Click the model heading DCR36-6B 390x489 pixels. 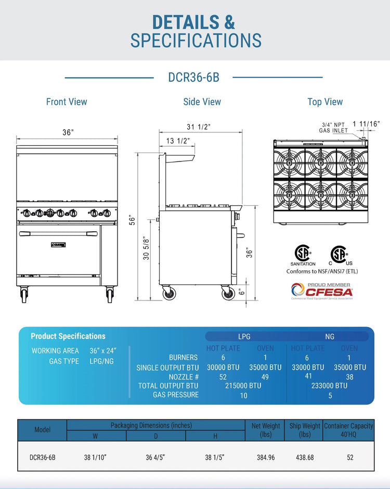click(x=193, y=77)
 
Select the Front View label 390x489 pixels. click(x=67, y=102)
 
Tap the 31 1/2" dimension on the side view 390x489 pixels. click(x=199, y=127)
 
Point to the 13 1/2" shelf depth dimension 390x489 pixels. click(x=178, y=141)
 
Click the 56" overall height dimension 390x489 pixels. click(x=133, y=221)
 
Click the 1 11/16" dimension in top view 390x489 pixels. click(x=366, y=124)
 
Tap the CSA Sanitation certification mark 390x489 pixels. click(x=303, y=255)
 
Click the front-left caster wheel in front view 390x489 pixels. click(x=24, y=295)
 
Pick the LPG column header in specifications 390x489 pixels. click(x=244, y=337)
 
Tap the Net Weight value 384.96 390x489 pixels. click(x=265, y=457)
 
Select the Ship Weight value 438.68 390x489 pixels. click(x=305, y=457)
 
